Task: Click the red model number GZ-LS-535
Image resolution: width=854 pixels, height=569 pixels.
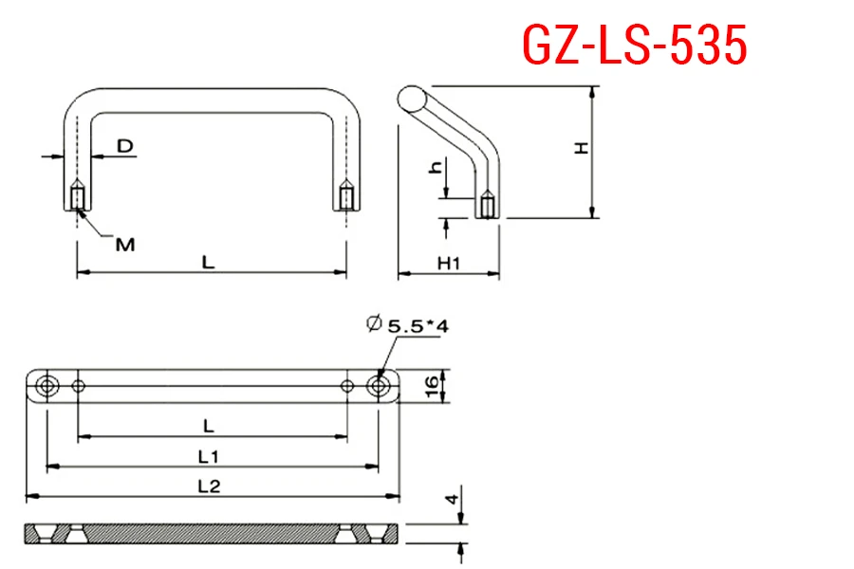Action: [x=635, y=46]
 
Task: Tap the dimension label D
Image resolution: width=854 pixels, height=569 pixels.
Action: [x=125, y=146]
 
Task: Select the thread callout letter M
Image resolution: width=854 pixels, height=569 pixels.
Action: [x=125, y=245]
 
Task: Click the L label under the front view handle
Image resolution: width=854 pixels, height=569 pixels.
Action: [x=209, y=263]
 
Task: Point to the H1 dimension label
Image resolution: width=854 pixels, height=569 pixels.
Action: [x=449, y=264]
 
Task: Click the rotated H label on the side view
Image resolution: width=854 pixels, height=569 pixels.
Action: [x=583, y=148]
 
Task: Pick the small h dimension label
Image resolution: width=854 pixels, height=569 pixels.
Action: [x=436, y=167]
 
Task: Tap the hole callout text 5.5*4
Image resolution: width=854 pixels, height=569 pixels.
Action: [x=418, y=326]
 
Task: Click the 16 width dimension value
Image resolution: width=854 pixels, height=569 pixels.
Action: [x=431, y=386]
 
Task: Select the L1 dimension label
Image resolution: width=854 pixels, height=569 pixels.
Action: [x=209, y=456]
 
